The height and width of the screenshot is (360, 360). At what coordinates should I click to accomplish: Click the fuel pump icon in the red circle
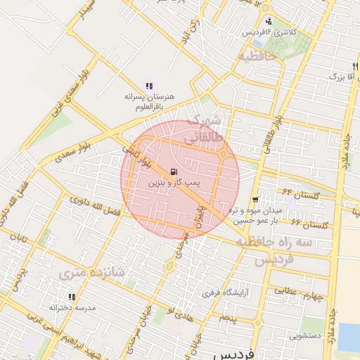[174, 171]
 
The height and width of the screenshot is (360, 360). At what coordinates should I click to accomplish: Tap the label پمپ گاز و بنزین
[174, 182]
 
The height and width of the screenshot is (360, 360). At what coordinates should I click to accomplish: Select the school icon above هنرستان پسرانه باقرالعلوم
[149, 86]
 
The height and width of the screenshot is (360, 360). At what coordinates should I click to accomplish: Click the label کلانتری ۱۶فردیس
[270, 33]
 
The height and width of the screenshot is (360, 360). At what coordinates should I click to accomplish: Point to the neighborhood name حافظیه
[260, 55]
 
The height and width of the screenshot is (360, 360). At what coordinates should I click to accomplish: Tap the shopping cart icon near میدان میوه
[255, 200]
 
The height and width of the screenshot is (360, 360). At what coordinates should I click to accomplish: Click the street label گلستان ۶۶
[309, 224]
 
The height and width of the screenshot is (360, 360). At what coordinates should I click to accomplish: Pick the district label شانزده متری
[92, 271]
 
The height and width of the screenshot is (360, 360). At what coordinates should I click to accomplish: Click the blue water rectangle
[349, 337]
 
